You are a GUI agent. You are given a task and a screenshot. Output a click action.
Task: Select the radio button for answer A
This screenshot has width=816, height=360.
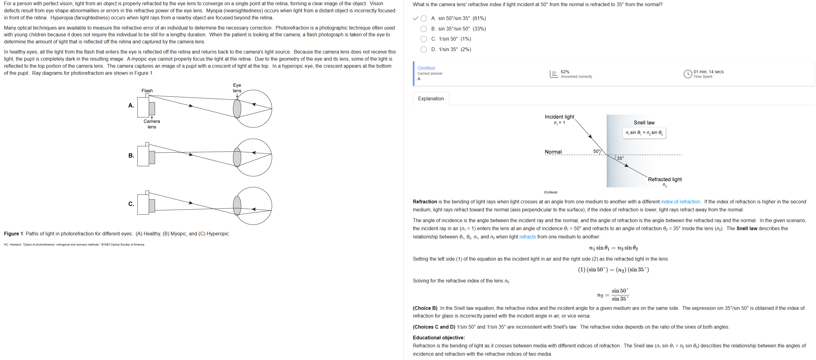point(423,18)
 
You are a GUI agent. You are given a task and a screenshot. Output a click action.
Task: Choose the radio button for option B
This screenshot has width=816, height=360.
point(423,29)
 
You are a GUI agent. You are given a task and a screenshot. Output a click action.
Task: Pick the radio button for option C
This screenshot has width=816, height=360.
point(423,39)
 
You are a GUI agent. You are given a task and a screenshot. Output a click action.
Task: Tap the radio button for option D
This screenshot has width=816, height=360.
point(423,50)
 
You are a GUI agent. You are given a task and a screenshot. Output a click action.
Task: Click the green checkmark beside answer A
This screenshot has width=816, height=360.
point(415,18)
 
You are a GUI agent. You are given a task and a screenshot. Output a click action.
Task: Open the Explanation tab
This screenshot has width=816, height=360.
point(430,98)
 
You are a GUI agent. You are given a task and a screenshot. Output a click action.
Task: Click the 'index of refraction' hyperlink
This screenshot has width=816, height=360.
point(680,202)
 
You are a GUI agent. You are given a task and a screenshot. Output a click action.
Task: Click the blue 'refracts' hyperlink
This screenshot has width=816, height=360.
point(527,237)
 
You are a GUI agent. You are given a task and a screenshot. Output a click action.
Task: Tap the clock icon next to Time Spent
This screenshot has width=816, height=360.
point(687,74)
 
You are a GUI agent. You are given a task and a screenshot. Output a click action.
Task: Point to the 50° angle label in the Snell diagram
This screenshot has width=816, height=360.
point(596,151)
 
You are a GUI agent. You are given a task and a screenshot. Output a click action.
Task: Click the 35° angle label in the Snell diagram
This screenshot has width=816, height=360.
point(620,158)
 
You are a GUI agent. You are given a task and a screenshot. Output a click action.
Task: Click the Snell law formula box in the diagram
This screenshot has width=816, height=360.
point(644,133)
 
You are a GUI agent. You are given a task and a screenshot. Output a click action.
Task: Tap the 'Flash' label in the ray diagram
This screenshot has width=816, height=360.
point(147,91)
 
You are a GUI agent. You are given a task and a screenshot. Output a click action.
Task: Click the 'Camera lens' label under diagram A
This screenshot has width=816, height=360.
point(152,124)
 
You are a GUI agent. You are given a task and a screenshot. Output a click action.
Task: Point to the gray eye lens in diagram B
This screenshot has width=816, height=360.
point(237,157)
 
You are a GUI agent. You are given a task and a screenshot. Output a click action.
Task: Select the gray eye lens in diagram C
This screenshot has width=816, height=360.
point(237,206)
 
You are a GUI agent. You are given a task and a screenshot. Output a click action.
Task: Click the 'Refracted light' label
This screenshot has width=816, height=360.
point(665,179)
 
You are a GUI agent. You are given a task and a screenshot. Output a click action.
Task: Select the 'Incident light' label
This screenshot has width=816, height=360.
point(559,117)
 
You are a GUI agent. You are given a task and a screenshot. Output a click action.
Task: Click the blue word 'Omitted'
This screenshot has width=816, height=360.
point(426,68)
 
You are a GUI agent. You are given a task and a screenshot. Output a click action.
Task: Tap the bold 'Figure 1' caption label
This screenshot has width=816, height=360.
point(13,234)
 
